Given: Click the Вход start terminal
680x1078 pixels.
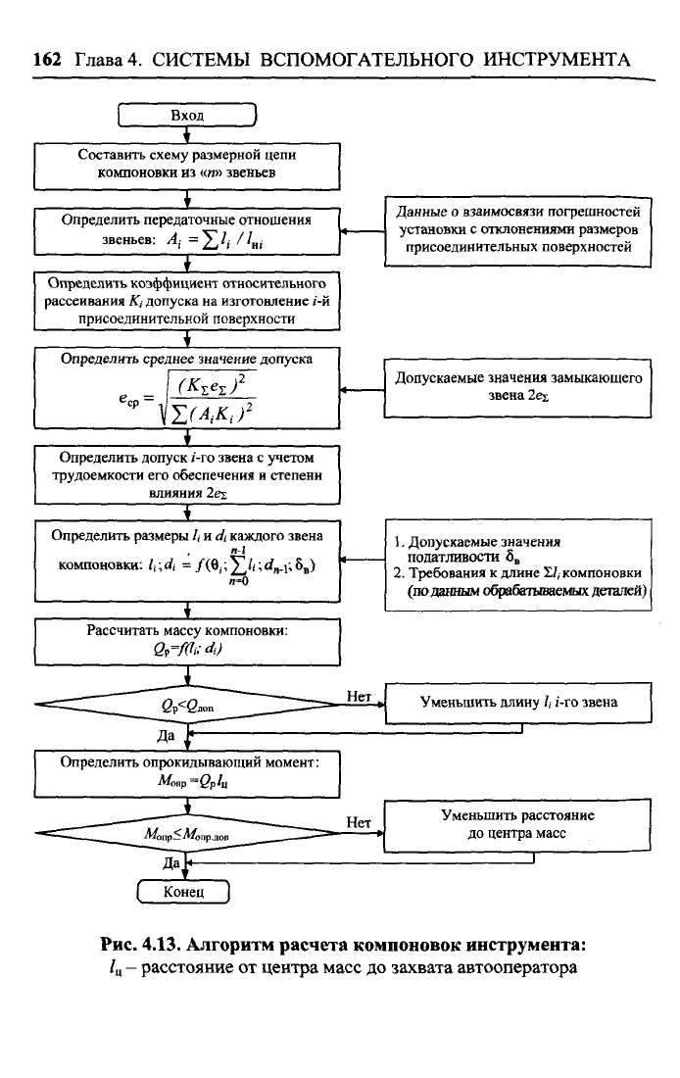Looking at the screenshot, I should click(x=186, y=116).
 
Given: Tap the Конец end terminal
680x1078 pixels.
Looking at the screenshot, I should click(x=185, y=892).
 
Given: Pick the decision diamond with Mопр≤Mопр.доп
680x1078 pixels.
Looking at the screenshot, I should click(x=186, y=834).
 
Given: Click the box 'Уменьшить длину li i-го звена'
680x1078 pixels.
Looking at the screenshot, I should click(x=518, y=703).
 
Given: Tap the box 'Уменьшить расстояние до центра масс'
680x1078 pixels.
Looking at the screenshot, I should click(x=518, y=824).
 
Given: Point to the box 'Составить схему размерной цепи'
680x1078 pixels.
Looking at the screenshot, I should click(x=186, y=164).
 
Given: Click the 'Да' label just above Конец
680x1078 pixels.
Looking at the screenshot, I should click(x=171, y=863).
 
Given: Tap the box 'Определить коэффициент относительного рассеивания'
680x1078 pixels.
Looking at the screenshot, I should click(x=186, y=301).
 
